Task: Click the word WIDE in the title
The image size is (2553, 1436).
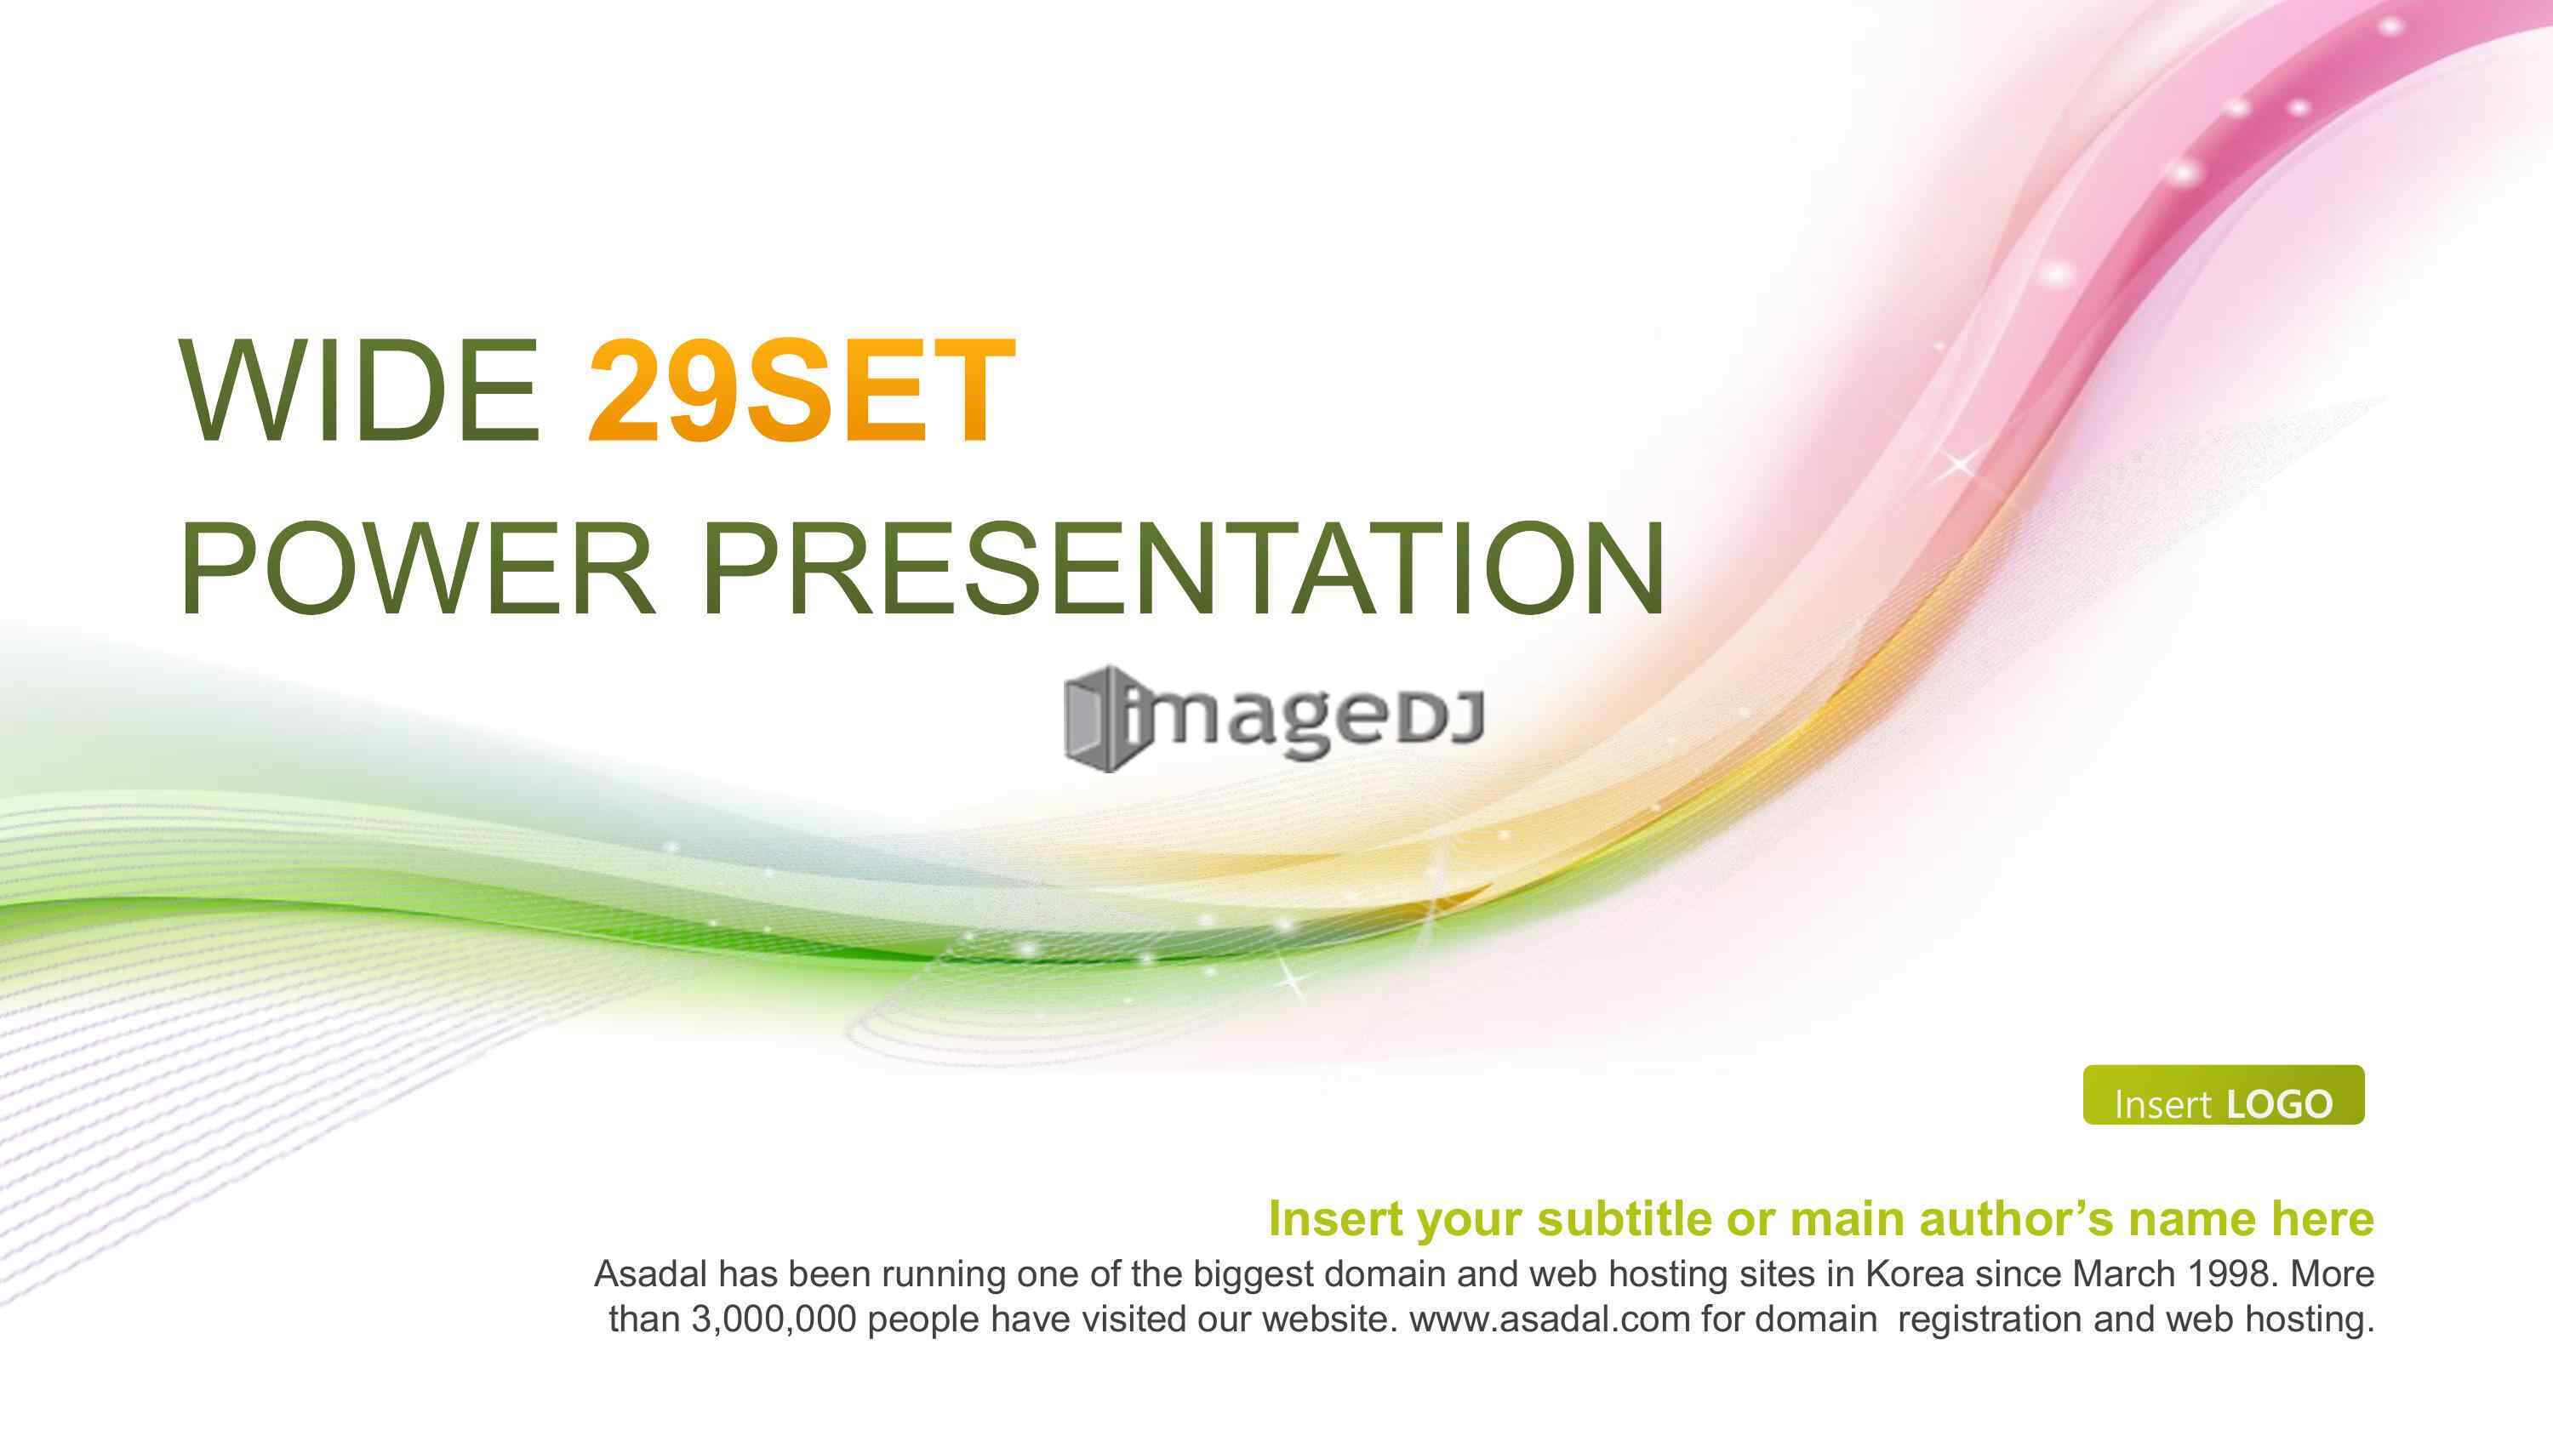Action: tap(360, 390)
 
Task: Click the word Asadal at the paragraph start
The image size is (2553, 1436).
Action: tap(650, 1274)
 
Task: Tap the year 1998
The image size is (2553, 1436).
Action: tap(2224, 1274)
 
